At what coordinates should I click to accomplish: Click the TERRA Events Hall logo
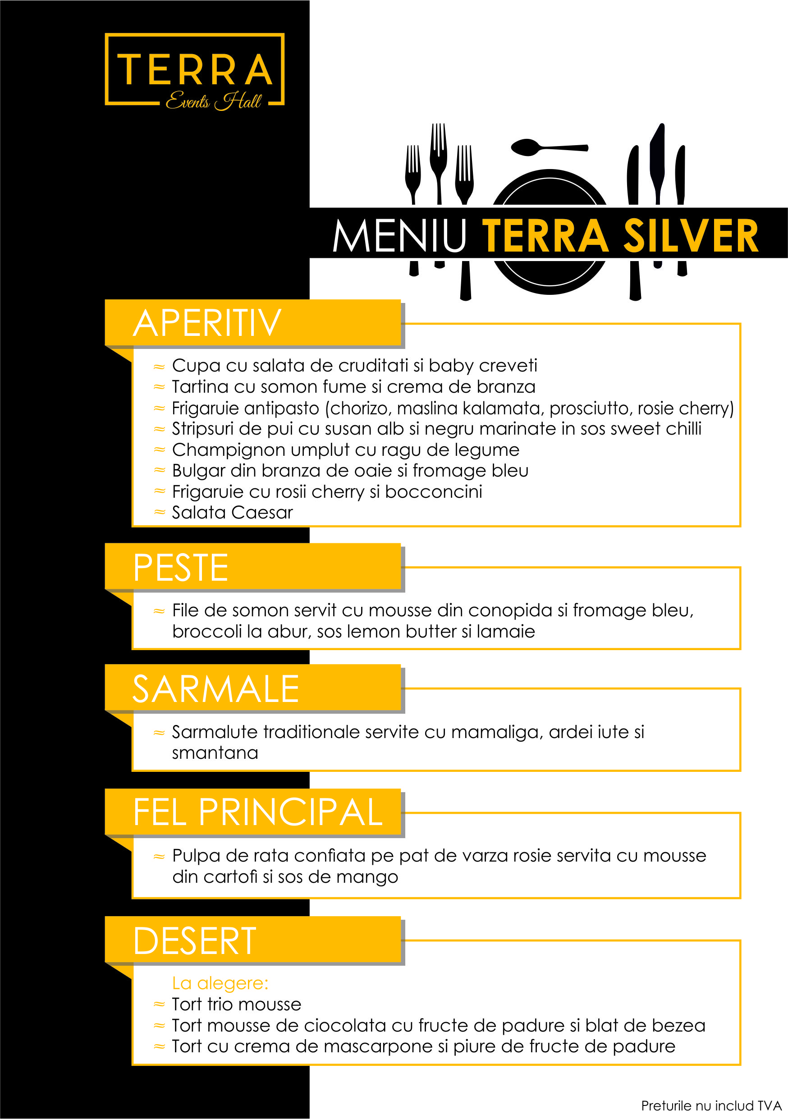[x=194, y=71]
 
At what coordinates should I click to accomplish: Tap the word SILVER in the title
[x=691, y=236]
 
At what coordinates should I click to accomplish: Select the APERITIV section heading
[x=207, y=323]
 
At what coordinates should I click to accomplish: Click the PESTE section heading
[x=181, y=567]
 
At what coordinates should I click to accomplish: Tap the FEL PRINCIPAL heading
[x=258, y=812]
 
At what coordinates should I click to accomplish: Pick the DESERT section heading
[x=195, y=940]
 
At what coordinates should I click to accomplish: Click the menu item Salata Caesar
[x=232, y=513]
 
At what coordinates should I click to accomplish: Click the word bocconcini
[x=433, y=492]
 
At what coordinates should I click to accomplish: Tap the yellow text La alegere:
[x=220, y=983]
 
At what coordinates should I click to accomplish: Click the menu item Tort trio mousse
[x=236, y=1004]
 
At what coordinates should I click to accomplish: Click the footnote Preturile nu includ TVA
[x=711, y=1106]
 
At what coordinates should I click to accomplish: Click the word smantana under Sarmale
[x=215, y=753]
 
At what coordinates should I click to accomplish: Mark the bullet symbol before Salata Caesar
[x=159, y=512]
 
